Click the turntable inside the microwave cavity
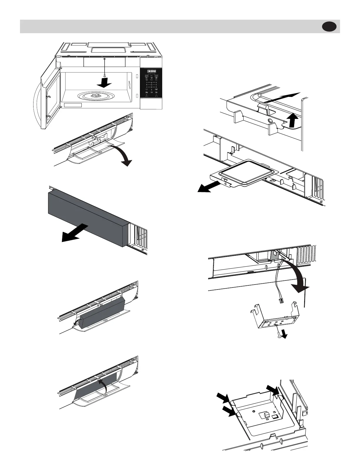click(x=94, y=96)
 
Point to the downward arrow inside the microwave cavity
click(x=104, y=83)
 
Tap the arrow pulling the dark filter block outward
click(x=73, y=233)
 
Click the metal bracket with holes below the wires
click(x=273, y=322)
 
